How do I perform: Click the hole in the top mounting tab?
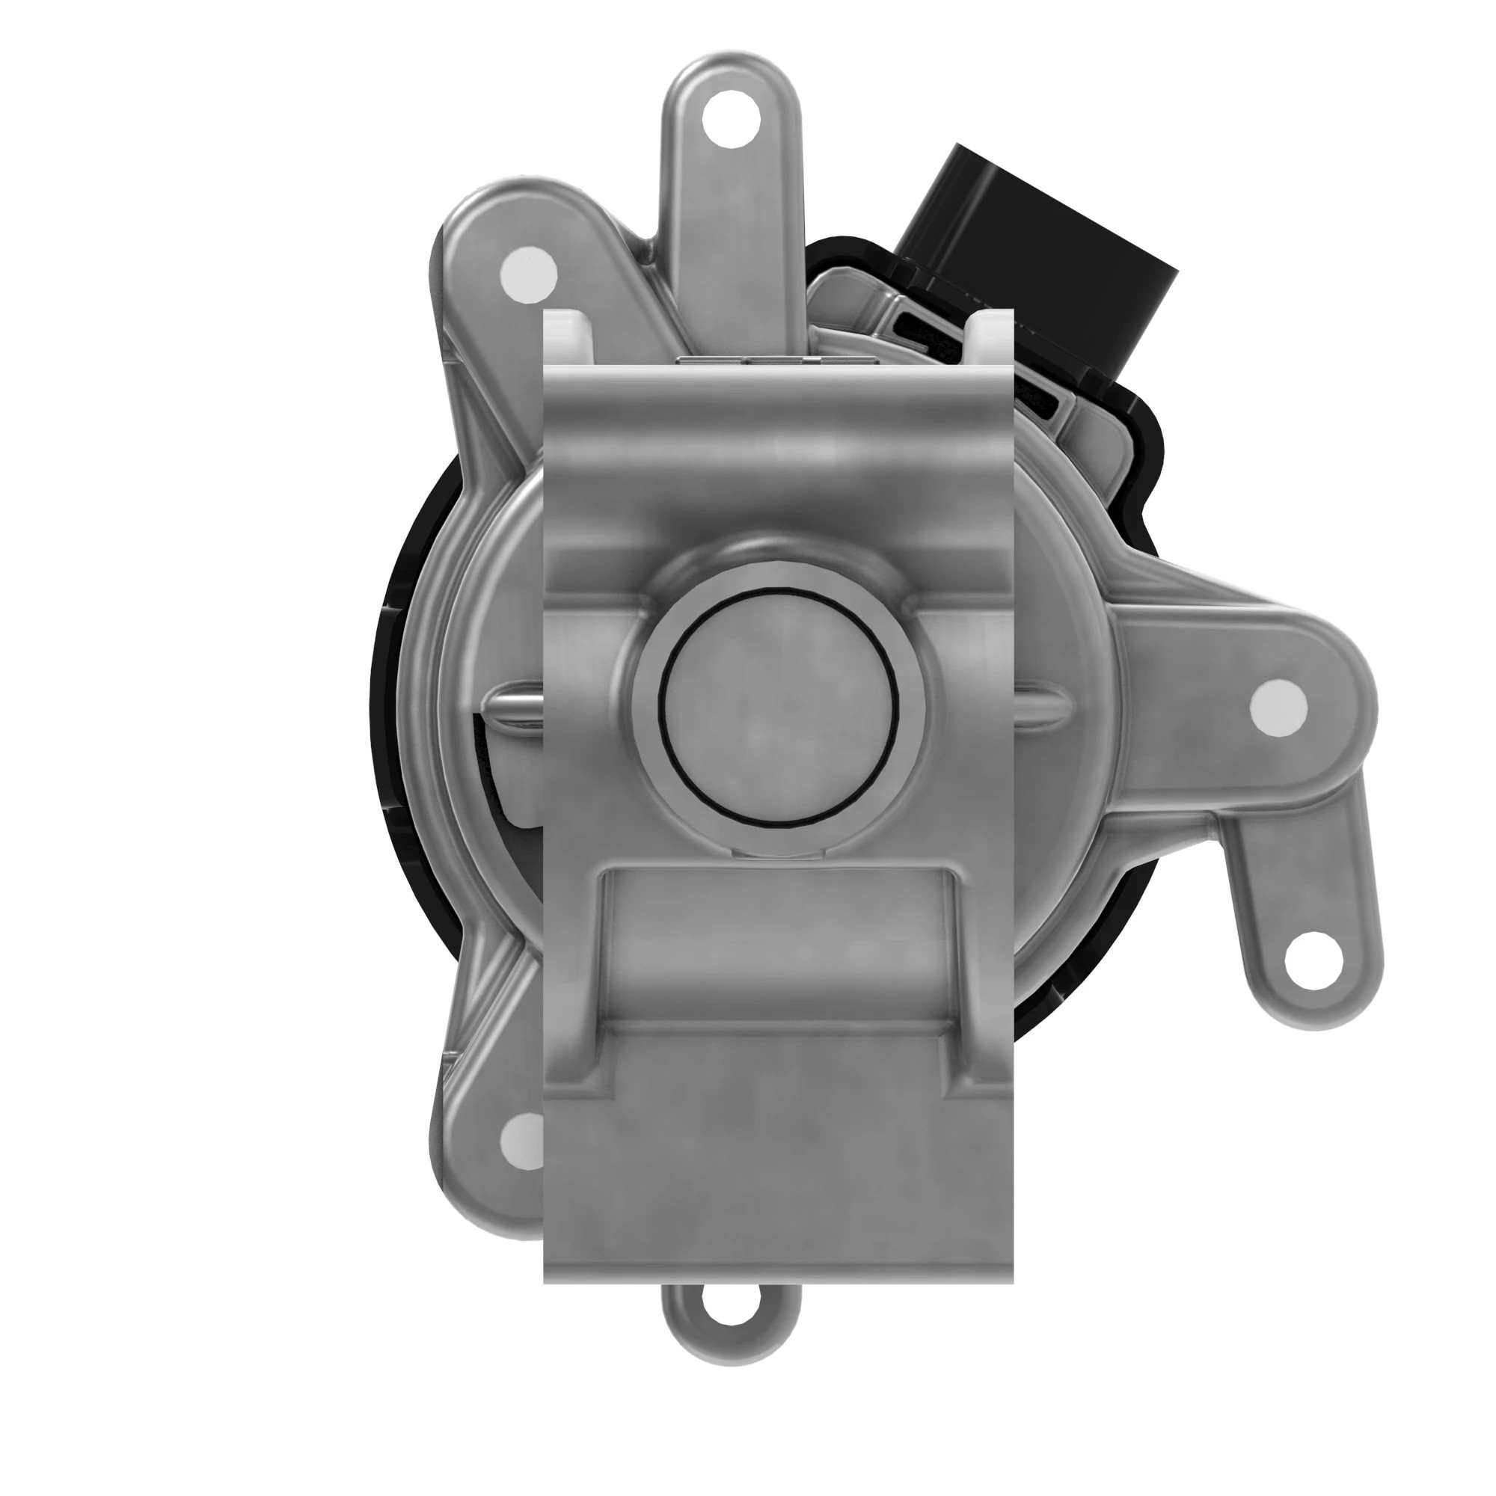(729, 119)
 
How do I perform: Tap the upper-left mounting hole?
(529, 274)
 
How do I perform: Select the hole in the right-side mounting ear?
(1278, 707)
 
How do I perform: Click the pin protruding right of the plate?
(1042, 703)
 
